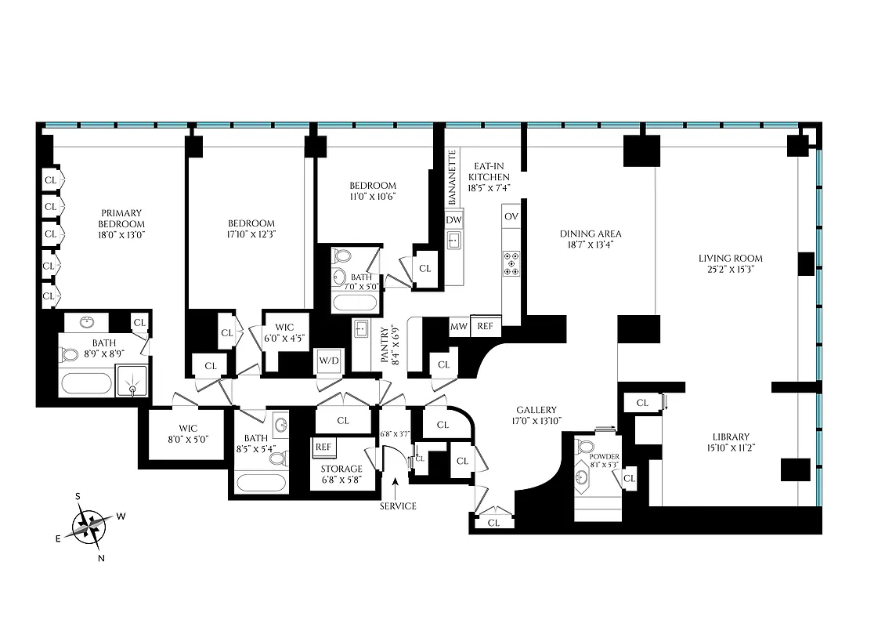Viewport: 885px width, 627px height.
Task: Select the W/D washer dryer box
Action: point(328,361)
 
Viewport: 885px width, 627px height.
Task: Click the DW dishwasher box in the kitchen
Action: point(453,220)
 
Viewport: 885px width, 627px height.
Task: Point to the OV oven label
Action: point(511,216)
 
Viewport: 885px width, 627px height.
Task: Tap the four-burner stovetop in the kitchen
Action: point(511,263)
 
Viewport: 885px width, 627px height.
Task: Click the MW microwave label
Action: point(458,326)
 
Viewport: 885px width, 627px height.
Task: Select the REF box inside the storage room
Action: point(323,448)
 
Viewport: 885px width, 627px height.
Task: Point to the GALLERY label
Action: point(536,410)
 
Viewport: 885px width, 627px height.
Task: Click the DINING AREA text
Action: point(590,234)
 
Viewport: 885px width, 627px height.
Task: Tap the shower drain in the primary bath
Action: point(132,387)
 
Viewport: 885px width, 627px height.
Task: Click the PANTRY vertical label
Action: point(384,345)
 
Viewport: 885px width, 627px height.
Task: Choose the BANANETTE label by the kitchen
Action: point(452,176)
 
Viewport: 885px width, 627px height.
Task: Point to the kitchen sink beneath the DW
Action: point(453,241)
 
